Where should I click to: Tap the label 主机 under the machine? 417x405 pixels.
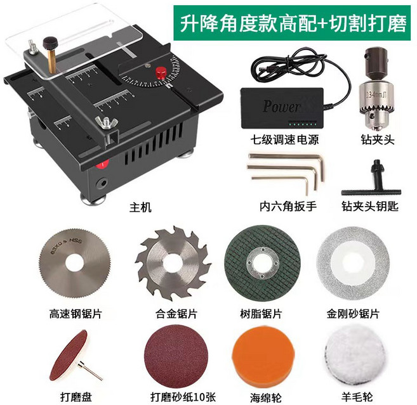tap(141, 207)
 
